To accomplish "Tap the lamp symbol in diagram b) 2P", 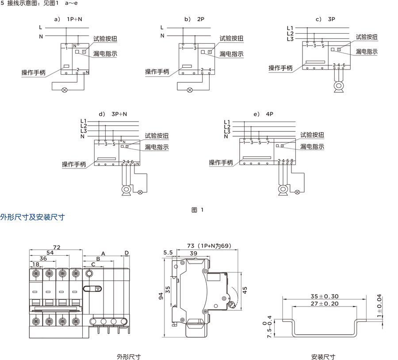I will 190,90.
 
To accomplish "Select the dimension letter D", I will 126,253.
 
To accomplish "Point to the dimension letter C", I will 93,264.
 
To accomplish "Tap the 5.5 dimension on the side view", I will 168,253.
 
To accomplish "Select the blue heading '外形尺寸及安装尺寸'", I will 33,217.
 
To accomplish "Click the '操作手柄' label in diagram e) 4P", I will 221,163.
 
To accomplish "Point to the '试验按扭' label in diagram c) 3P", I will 367,37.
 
